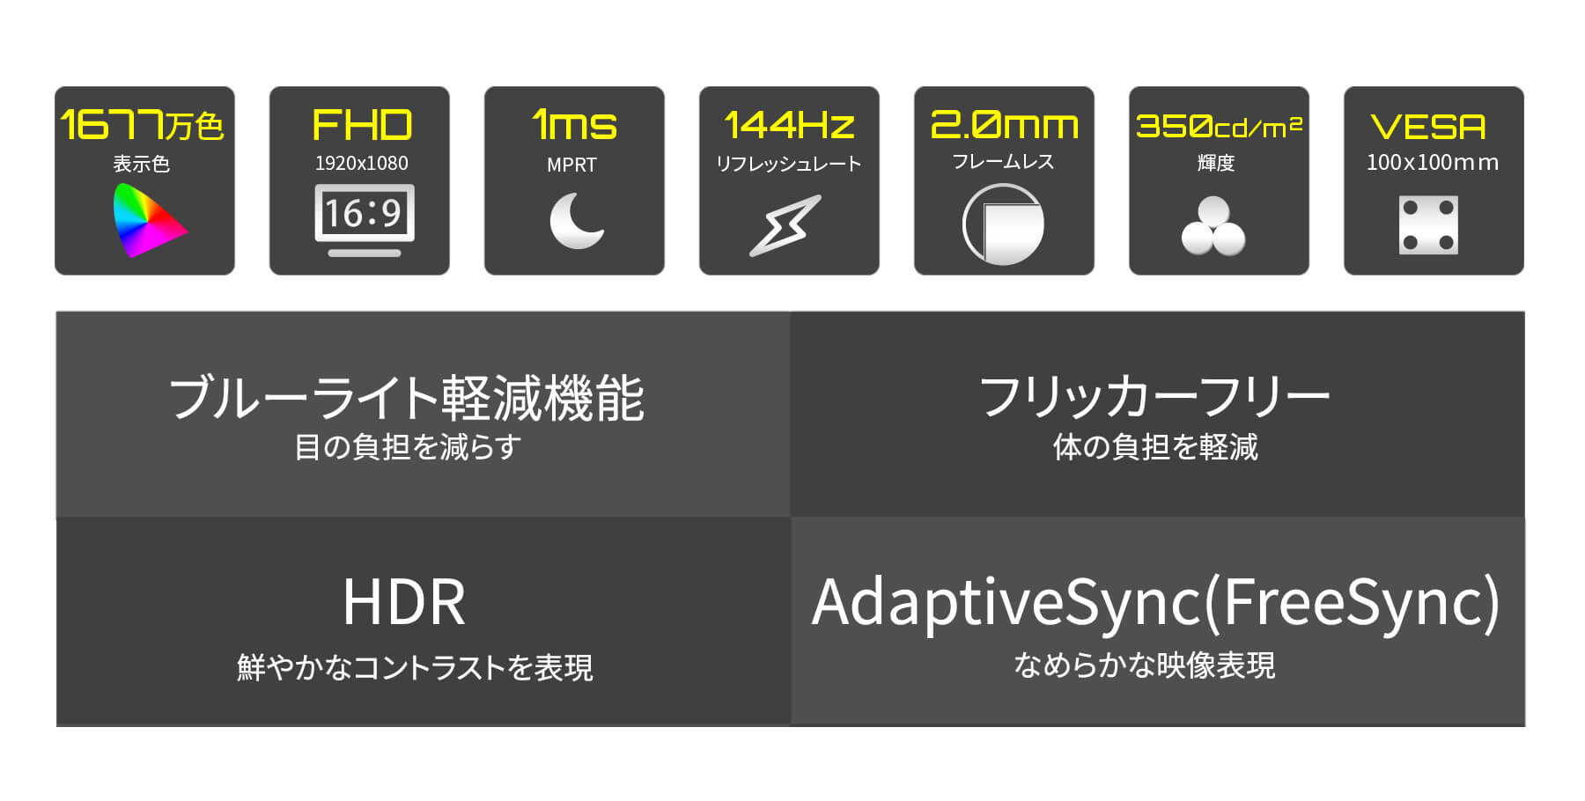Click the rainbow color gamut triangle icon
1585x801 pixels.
[146, 220]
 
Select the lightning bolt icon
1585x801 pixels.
[785, 225]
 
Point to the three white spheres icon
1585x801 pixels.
[1213, 226]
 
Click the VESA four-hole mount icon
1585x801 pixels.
[1428, 225]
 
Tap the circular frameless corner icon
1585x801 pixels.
[1003, 224]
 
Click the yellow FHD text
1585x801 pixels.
[362, 125]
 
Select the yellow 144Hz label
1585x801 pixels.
[789, 125]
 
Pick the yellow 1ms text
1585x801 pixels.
[574, 125]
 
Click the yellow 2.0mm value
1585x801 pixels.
[1004, 125]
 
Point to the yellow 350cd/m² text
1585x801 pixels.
[1219, 127]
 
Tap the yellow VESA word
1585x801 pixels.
[1428, 128]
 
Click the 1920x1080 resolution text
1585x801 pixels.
[362, 163]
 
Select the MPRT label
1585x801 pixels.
[571, 165]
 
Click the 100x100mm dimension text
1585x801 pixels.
[1432, 163]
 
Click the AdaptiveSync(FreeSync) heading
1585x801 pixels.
[1155, 604]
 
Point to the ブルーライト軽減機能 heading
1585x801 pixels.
[407, 398]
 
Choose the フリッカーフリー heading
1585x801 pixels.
[1154, 396]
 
